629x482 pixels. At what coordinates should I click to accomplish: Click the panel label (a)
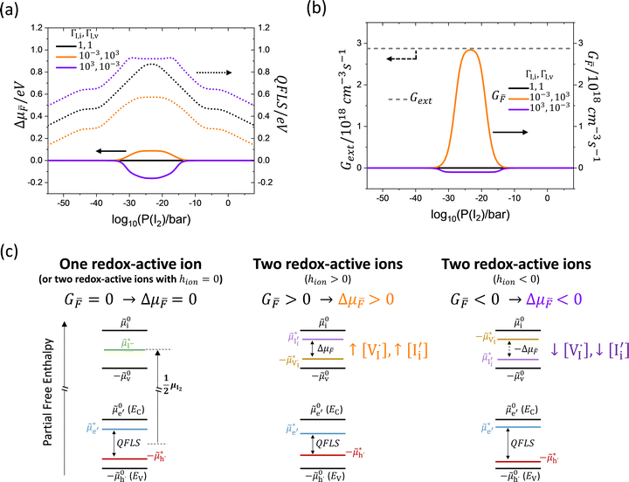12,12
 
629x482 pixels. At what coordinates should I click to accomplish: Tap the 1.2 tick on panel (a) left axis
40,27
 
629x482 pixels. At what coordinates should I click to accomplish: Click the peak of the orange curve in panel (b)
472,51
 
